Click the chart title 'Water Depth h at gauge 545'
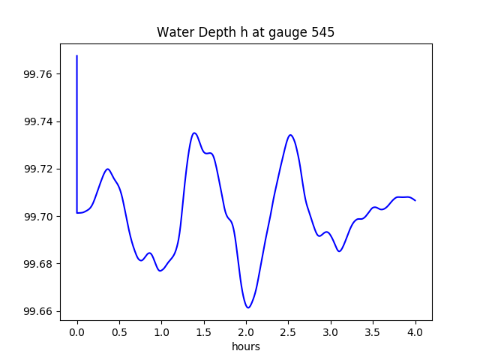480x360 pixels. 245,32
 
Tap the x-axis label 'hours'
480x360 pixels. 246,347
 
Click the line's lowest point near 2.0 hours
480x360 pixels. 247,307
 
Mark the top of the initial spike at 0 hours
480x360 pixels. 77,55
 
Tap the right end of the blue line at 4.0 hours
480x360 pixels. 415,200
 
